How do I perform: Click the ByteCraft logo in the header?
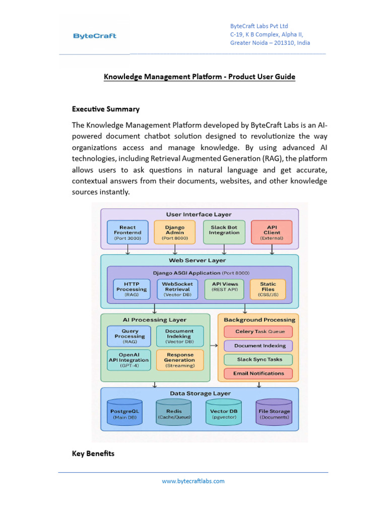pyautogui.click(x=95, y=36)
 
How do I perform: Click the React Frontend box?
pyautogui.click(x=128, y=232)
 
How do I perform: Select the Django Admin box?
pyautogui.click(x=175, y=232)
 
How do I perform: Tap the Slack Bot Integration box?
pyautogui.click(x=224, y=232)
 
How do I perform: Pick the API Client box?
pyautogui.click(x=272, y=232)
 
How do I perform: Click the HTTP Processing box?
pyautogui.click(x=132, y=289)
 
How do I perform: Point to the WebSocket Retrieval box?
pyautogui.click(x=178, y=289)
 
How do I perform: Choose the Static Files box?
pyautogui.click(x=268, y=289)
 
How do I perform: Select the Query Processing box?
pyautogui.click(x=130, y=336)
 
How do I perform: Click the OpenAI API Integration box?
pyautogui.click(x=128, y=360)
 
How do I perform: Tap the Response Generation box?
pyautogui.click(x=180, y=360)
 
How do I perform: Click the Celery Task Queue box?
pyautogui.click(x=260, y=332)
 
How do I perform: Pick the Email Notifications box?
pyautogui.click(x=259, y=373)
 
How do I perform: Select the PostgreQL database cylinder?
pyautogui.click(x=124, y=413)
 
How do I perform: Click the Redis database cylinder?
pyautogui.click(x=174, y=413)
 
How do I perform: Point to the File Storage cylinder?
pyautogui.click(x=274, y=413)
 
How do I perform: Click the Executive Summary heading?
pyautogui.click(x=106, y=109)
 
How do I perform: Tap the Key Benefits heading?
pyautogui.click(x=93, y=454)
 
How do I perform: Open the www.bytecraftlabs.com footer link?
pyautogui.click(x=193, y=481)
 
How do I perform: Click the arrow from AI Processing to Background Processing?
pyautogui.click(x=214, y=346)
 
